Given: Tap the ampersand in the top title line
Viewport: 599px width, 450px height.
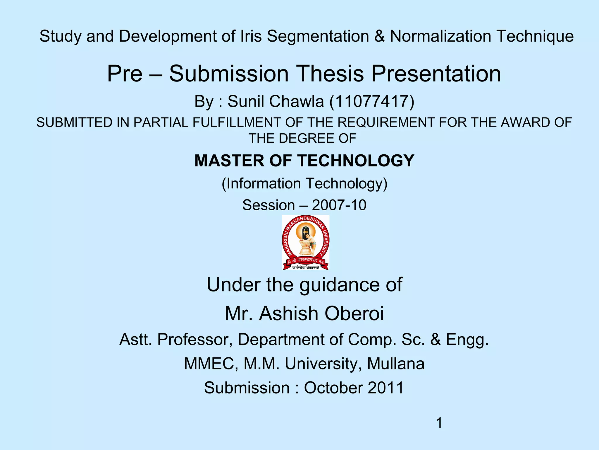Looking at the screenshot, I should coord(379,36).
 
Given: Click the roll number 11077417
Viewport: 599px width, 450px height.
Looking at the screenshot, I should coord(372,101).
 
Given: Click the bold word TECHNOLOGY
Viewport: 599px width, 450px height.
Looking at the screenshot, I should coord(356,161).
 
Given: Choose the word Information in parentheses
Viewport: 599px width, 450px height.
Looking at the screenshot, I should coord(264,184).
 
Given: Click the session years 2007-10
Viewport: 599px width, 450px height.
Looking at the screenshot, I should coord(339,205).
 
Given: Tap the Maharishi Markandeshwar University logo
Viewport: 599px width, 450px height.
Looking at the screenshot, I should coord(305,243).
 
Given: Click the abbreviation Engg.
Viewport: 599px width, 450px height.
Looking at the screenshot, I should coord(467,340).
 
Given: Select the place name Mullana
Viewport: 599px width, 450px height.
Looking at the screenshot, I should coord(395,364).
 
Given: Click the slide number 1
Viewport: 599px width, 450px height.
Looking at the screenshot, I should coord(439,423).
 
